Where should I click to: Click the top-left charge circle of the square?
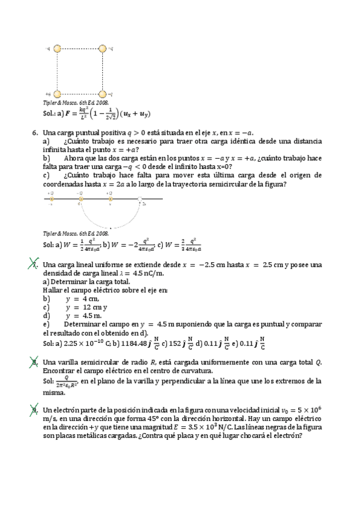tap(58, 48)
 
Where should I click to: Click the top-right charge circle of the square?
tap(102, 48)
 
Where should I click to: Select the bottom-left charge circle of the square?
tap(58, 94)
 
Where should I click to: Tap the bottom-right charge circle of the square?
tap(102, 94)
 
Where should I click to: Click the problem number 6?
tap(34, 132)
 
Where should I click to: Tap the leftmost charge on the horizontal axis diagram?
tap(52, 198)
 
